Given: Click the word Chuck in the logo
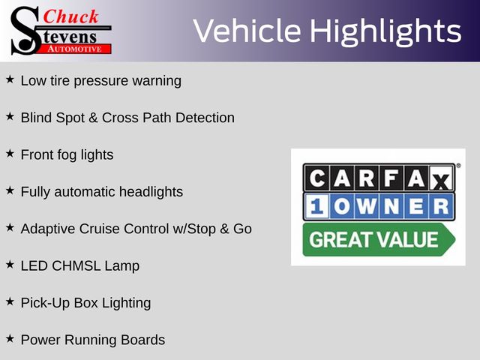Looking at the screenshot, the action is pos(70,16).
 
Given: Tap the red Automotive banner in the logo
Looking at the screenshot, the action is pos(76,49).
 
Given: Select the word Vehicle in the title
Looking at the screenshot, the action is pos(247,31).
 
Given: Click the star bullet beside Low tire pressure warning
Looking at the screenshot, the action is pos(10,79).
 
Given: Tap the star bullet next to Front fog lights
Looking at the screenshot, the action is pos(10,153).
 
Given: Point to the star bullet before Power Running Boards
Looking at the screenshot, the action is pos(10,338).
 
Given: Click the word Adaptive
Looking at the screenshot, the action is pos(48,229).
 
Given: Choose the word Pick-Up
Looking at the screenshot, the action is pos(45,303).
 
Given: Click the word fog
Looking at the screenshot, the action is pos(67,155).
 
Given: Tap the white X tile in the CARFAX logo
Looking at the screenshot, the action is pos(441,178).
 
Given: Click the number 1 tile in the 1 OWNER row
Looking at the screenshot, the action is pos(316,206).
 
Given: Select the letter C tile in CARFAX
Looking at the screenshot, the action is pos(316,178).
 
